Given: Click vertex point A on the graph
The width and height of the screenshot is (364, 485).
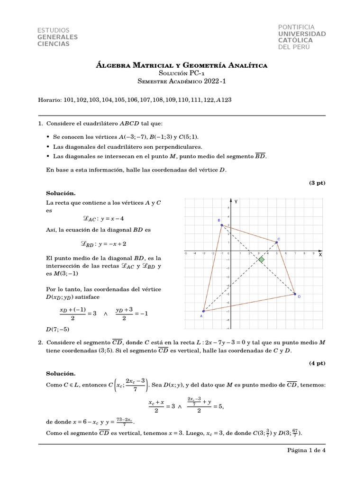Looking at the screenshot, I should click(203, 311).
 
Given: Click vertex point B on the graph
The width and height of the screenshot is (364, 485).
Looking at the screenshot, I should click(221, 225).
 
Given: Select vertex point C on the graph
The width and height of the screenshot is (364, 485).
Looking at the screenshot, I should click(277, 242).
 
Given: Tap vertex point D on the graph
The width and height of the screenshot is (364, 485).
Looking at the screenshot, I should click(295, 294).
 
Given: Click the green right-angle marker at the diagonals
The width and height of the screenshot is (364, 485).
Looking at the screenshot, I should click(261, 259).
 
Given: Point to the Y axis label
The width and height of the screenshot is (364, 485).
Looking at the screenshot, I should click(236, 202).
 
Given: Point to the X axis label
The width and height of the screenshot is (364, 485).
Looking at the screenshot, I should click(320, 254).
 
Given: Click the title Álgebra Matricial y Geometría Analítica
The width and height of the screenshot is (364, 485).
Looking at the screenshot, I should click(182, 65).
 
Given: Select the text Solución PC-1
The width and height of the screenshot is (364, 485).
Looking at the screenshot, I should click(182, 73).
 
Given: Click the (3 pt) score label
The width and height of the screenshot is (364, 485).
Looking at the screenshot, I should click(317, 182).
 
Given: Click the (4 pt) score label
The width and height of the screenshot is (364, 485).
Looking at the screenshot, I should click(317, 363).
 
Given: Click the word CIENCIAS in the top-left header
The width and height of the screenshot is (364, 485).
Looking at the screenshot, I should click(53, 44).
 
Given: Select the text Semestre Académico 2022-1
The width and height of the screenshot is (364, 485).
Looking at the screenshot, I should click(182, 81).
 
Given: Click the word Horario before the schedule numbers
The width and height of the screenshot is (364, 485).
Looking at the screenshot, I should click(48, 100).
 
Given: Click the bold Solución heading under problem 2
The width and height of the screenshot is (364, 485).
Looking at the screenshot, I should click(61, 374).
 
